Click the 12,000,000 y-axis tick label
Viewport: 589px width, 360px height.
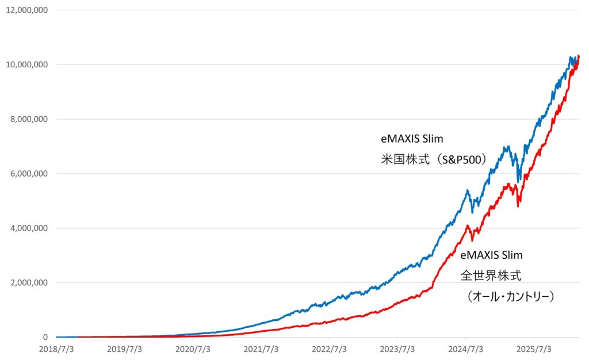pos(26,10)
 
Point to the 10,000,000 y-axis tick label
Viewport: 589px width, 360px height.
pos(26,64)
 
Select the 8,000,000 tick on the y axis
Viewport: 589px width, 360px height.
pos(28,119)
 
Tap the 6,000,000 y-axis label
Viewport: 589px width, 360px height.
pos(28,174)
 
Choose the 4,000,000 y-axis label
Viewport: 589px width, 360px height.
pos(28,228)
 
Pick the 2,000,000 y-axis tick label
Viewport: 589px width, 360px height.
pos(28,283)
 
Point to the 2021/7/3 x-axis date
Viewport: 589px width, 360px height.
pos(261,349)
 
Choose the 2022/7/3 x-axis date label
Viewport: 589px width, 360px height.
pos(330,349)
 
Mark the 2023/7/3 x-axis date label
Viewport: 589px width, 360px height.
pos(397,349)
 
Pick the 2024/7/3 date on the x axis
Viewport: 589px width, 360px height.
pos(466,349)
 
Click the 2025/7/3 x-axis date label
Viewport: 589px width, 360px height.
pos(534,349)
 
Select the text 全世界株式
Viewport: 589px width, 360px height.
pos(491,275)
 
